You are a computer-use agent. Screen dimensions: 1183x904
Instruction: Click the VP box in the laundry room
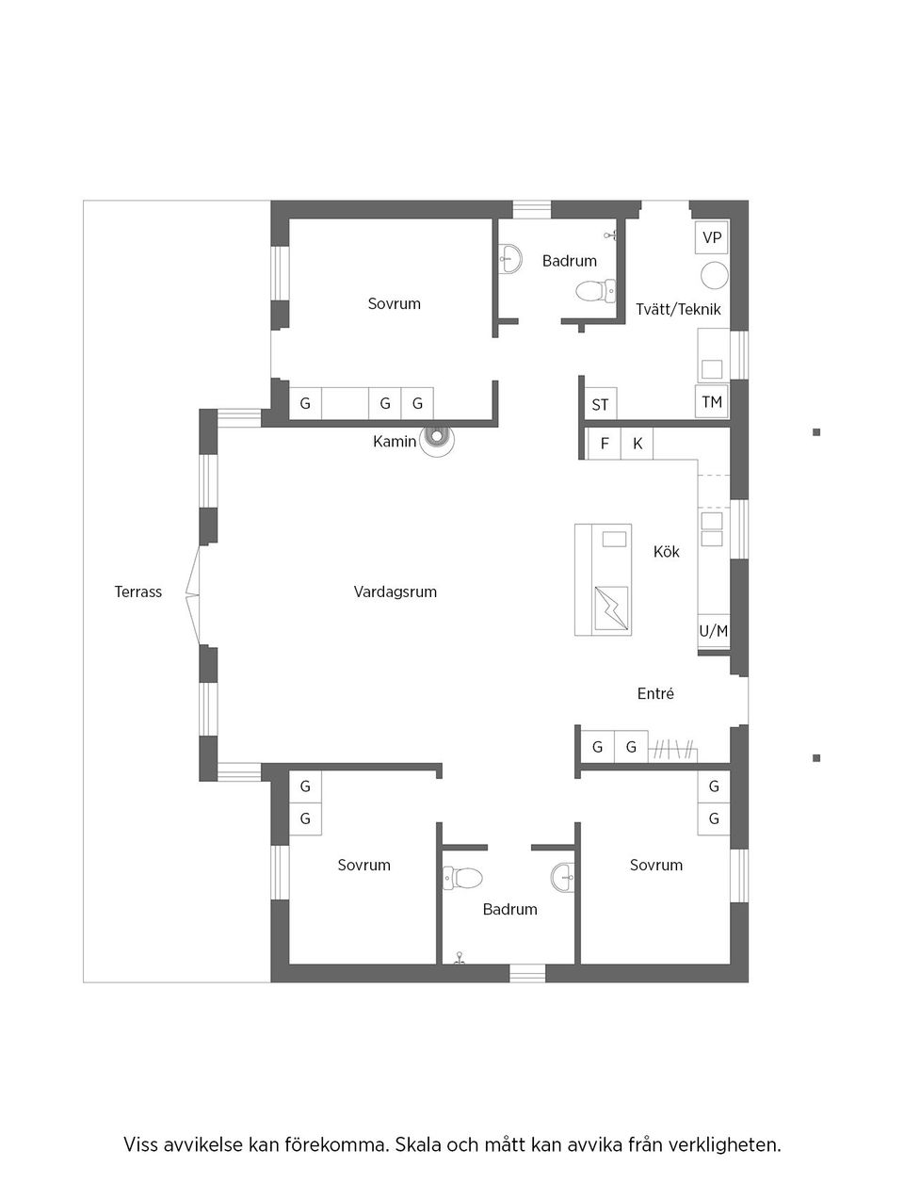point(712,237)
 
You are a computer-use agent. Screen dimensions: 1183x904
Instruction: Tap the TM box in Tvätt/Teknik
point(712,402)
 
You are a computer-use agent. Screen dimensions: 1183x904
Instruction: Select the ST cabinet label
point(600,405)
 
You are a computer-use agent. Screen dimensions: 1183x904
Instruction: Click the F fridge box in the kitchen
point(605,443)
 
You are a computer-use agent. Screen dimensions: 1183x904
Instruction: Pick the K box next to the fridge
point(638,443)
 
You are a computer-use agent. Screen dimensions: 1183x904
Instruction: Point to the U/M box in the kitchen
point(713,630)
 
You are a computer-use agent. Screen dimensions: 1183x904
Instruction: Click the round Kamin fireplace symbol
point(436,437)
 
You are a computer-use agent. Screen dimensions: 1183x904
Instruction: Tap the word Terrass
point(138,591)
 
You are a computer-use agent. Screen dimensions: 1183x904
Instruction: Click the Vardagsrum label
point(395,591)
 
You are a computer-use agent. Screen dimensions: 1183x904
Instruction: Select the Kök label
point(667,551)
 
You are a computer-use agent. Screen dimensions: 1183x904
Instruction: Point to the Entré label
point(655,693)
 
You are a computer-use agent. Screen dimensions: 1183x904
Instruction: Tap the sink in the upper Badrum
point(509,258)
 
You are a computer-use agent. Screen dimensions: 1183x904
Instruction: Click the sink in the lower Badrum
point(563,877)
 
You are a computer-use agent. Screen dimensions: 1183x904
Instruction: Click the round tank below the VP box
point(714,275)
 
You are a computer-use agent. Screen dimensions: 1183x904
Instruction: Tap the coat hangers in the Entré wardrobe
point(674,749)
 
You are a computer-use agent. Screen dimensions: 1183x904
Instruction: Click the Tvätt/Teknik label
point(678,309)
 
